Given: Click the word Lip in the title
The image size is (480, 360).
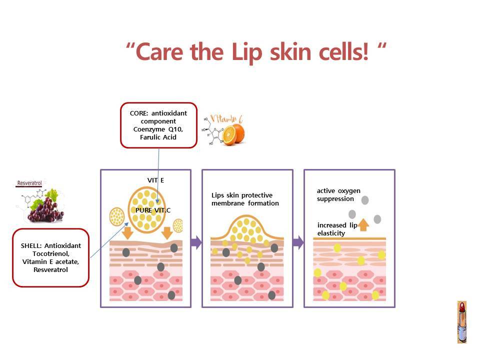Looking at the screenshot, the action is pos(247,52).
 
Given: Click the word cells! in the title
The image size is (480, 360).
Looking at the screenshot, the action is pos(343,51).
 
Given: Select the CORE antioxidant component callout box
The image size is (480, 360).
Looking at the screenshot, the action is pos(158,125).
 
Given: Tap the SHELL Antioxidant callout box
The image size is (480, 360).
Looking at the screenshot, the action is pos(51,258).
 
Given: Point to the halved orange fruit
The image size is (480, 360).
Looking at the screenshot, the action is pos(233,134).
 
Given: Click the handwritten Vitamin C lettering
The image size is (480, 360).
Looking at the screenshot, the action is pos(227,119).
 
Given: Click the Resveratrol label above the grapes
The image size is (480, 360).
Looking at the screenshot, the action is pos(29,183).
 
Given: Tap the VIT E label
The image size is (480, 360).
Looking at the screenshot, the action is pos(155,180).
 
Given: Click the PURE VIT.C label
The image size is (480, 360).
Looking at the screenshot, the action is pos(153,210).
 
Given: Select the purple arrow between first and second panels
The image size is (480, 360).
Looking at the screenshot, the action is pos(196,242).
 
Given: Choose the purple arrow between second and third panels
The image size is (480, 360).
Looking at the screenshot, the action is pos(298,242).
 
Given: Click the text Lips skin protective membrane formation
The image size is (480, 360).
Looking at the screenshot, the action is pos(245,199).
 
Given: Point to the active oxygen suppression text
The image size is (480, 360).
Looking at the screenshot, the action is pos(338,194).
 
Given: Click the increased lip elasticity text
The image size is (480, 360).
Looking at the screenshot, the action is pos(337,229).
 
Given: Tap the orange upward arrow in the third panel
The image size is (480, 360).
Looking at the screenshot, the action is pos(363,225).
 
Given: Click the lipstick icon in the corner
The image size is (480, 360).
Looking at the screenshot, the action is pos(462,322).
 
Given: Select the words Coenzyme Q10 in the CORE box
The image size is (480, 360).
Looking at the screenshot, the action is pos(158,129).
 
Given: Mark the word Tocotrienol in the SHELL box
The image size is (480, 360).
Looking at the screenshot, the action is pos(51,254).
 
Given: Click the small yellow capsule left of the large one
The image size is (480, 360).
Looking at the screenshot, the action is pos(117,216).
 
